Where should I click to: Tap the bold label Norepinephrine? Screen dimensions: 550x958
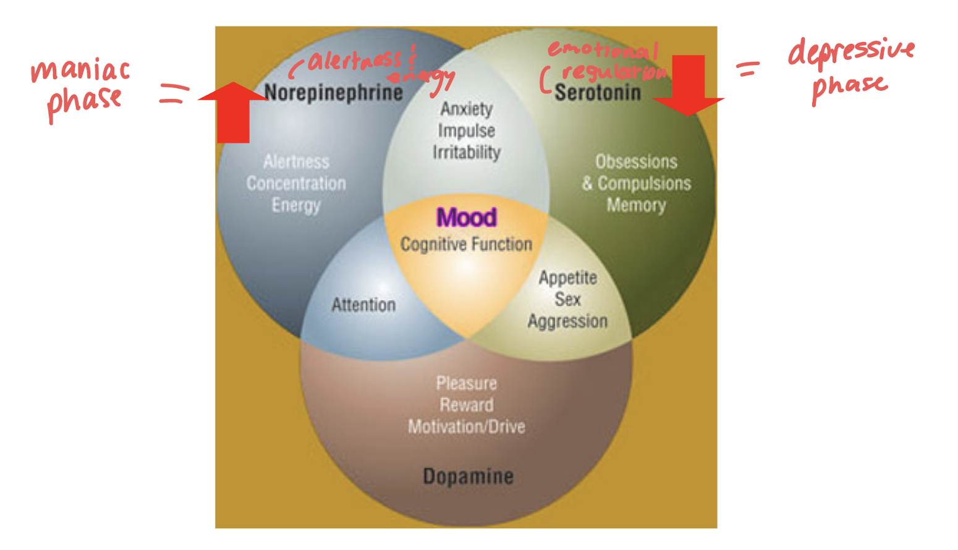tap(334, 93)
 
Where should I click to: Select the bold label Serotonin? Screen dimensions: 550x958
tap(597, 93)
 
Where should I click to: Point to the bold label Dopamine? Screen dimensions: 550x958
tap(468, 476)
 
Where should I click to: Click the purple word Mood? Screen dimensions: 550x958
tap(466, 218)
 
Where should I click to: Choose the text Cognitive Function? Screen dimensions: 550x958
tap(466, 244)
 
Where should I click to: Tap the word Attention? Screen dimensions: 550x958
tap(363, 305)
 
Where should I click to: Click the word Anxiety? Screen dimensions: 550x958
tap(466, 109)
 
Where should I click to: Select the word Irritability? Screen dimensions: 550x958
tap(466, 153)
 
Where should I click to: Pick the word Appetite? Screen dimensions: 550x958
tap(567, 278)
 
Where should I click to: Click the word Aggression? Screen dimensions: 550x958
tap(567, 321)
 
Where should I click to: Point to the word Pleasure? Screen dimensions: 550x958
tap(466, 383)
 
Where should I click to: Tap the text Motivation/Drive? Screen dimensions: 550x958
tap(466, 426)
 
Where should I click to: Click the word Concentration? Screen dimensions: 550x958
tap(296, 184)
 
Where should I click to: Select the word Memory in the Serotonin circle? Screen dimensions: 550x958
tap(636, 205)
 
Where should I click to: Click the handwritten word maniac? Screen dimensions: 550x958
tap(80, 71)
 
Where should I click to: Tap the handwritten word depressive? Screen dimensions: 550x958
tap(851, 51)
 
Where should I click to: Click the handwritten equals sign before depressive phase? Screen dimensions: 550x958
tap(748, 69)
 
